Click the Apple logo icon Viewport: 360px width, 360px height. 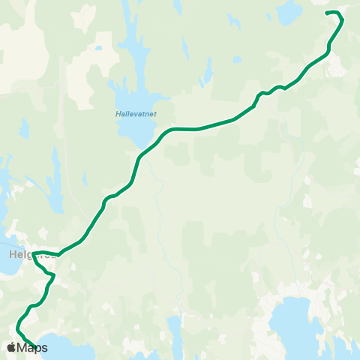pos(11,347)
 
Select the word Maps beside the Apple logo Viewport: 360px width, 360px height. pos(32,347)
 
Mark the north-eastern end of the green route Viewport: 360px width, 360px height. pos(326,13)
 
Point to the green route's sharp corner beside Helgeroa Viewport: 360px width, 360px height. pos(34,253)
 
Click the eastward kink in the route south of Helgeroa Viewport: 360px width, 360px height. pos(54,276)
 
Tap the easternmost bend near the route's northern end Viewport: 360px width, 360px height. pos(343,19)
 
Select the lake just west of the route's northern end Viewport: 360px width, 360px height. pos(288,11)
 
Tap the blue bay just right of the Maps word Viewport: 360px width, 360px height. pos(64,351)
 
